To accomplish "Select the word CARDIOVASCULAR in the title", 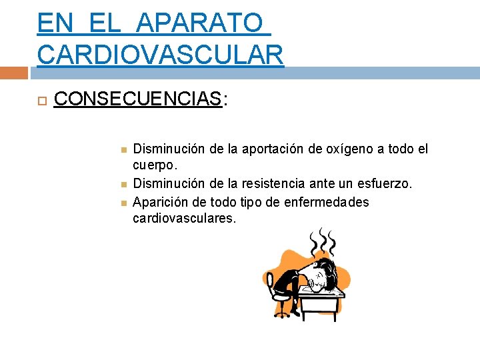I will tap(161, 54).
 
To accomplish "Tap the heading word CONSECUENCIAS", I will tap(137, 99).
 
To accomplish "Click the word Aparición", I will tap(159, 202).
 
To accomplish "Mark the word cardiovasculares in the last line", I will tap(184, 218).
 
